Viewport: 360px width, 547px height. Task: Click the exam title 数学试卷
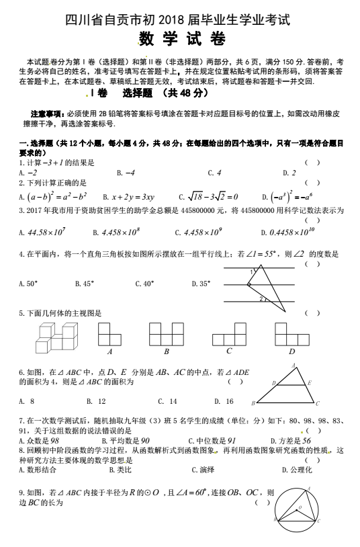pos(181,39)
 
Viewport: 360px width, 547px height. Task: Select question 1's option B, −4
pos(126,173)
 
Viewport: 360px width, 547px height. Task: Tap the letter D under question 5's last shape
pos(291,351)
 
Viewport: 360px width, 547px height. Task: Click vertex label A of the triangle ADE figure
pos(293,365)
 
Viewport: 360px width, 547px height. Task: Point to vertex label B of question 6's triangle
pos(254,403)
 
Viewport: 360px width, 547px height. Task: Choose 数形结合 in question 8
pos(39,470)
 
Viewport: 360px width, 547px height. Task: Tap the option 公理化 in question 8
pos(296,470)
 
